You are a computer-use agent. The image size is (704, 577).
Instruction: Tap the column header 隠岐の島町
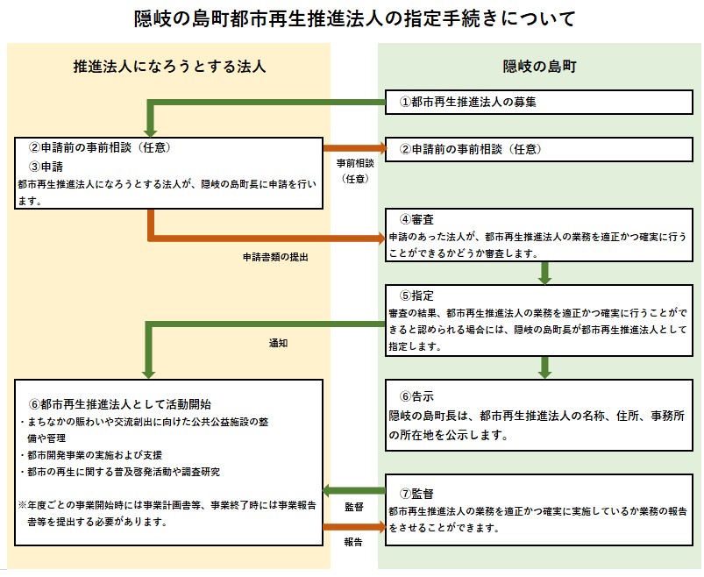pos(539,66)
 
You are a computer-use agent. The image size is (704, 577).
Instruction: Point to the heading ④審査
pos(417,218)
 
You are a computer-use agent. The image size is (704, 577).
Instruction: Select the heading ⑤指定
pos(417,296)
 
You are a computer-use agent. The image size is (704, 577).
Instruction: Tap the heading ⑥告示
pos(417,395)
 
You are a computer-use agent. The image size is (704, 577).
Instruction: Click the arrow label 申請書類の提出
pos(275,258)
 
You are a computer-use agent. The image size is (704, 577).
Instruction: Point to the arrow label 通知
pos(278,343)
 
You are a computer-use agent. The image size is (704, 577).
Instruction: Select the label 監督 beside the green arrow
pos(353,507)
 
